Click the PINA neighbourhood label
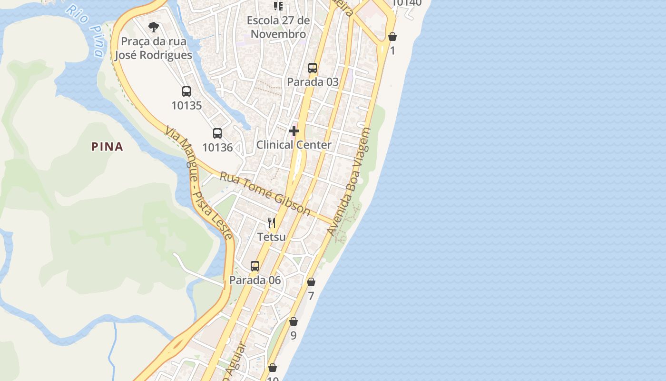coord(107,147)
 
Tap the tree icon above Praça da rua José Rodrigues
coord(153,27)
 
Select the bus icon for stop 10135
coord(186,91)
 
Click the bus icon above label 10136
coord(217,133)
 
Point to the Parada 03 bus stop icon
coord(313,68)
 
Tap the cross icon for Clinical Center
coord(294,130)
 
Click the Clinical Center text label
coord(294,145)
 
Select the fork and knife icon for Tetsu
coord(272,222)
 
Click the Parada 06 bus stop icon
coord(255,266)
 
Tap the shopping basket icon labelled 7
coord(311,282)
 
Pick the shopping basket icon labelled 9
coord(294,321)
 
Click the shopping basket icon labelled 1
coord(392,37)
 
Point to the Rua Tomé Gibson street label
coord(264,194)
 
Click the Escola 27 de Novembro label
coord(278,27)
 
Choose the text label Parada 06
coord(255,280)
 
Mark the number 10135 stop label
coord(186,106)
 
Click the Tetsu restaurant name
coord(272,237)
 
